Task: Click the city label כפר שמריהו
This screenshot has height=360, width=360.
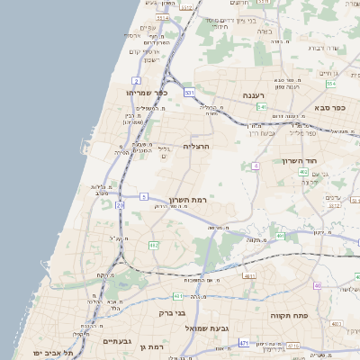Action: click(x=139, y=92)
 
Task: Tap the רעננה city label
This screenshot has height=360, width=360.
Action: click(x=251, y=94)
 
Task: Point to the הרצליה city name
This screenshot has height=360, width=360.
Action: click(x=196, y=145)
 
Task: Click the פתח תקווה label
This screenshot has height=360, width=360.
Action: click(x=288, y=317)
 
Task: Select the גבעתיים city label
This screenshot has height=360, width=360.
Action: click(x=117, y=341)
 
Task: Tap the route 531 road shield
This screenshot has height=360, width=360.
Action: click(x=188, y=93)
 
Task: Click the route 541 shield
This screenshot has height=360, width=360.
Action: click(x=261, y=107)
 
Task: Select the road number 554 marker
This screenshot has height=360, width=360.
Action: click(x=330, y=84)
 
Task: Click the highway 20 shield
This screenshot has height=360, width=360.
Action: click(x=120, y=204)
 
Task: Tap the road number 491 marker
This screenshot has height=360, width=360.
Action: click(x=281, y=237)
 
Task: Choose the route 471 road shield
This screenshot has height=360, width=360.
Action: click(x=244, y=343)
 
